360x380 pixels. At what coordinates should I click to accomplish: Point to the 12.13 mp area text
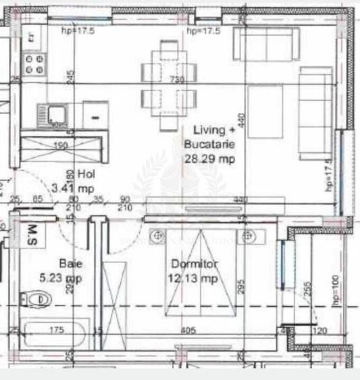tap(195, 277)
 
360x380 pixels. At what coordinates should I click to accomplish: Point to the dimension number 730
tap(176, 80)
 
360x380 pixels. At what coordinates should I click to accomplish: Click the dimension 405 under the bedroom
tap(188, 331)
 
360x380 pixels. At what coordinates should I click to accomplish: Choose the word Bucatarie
tap(209, 144)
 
